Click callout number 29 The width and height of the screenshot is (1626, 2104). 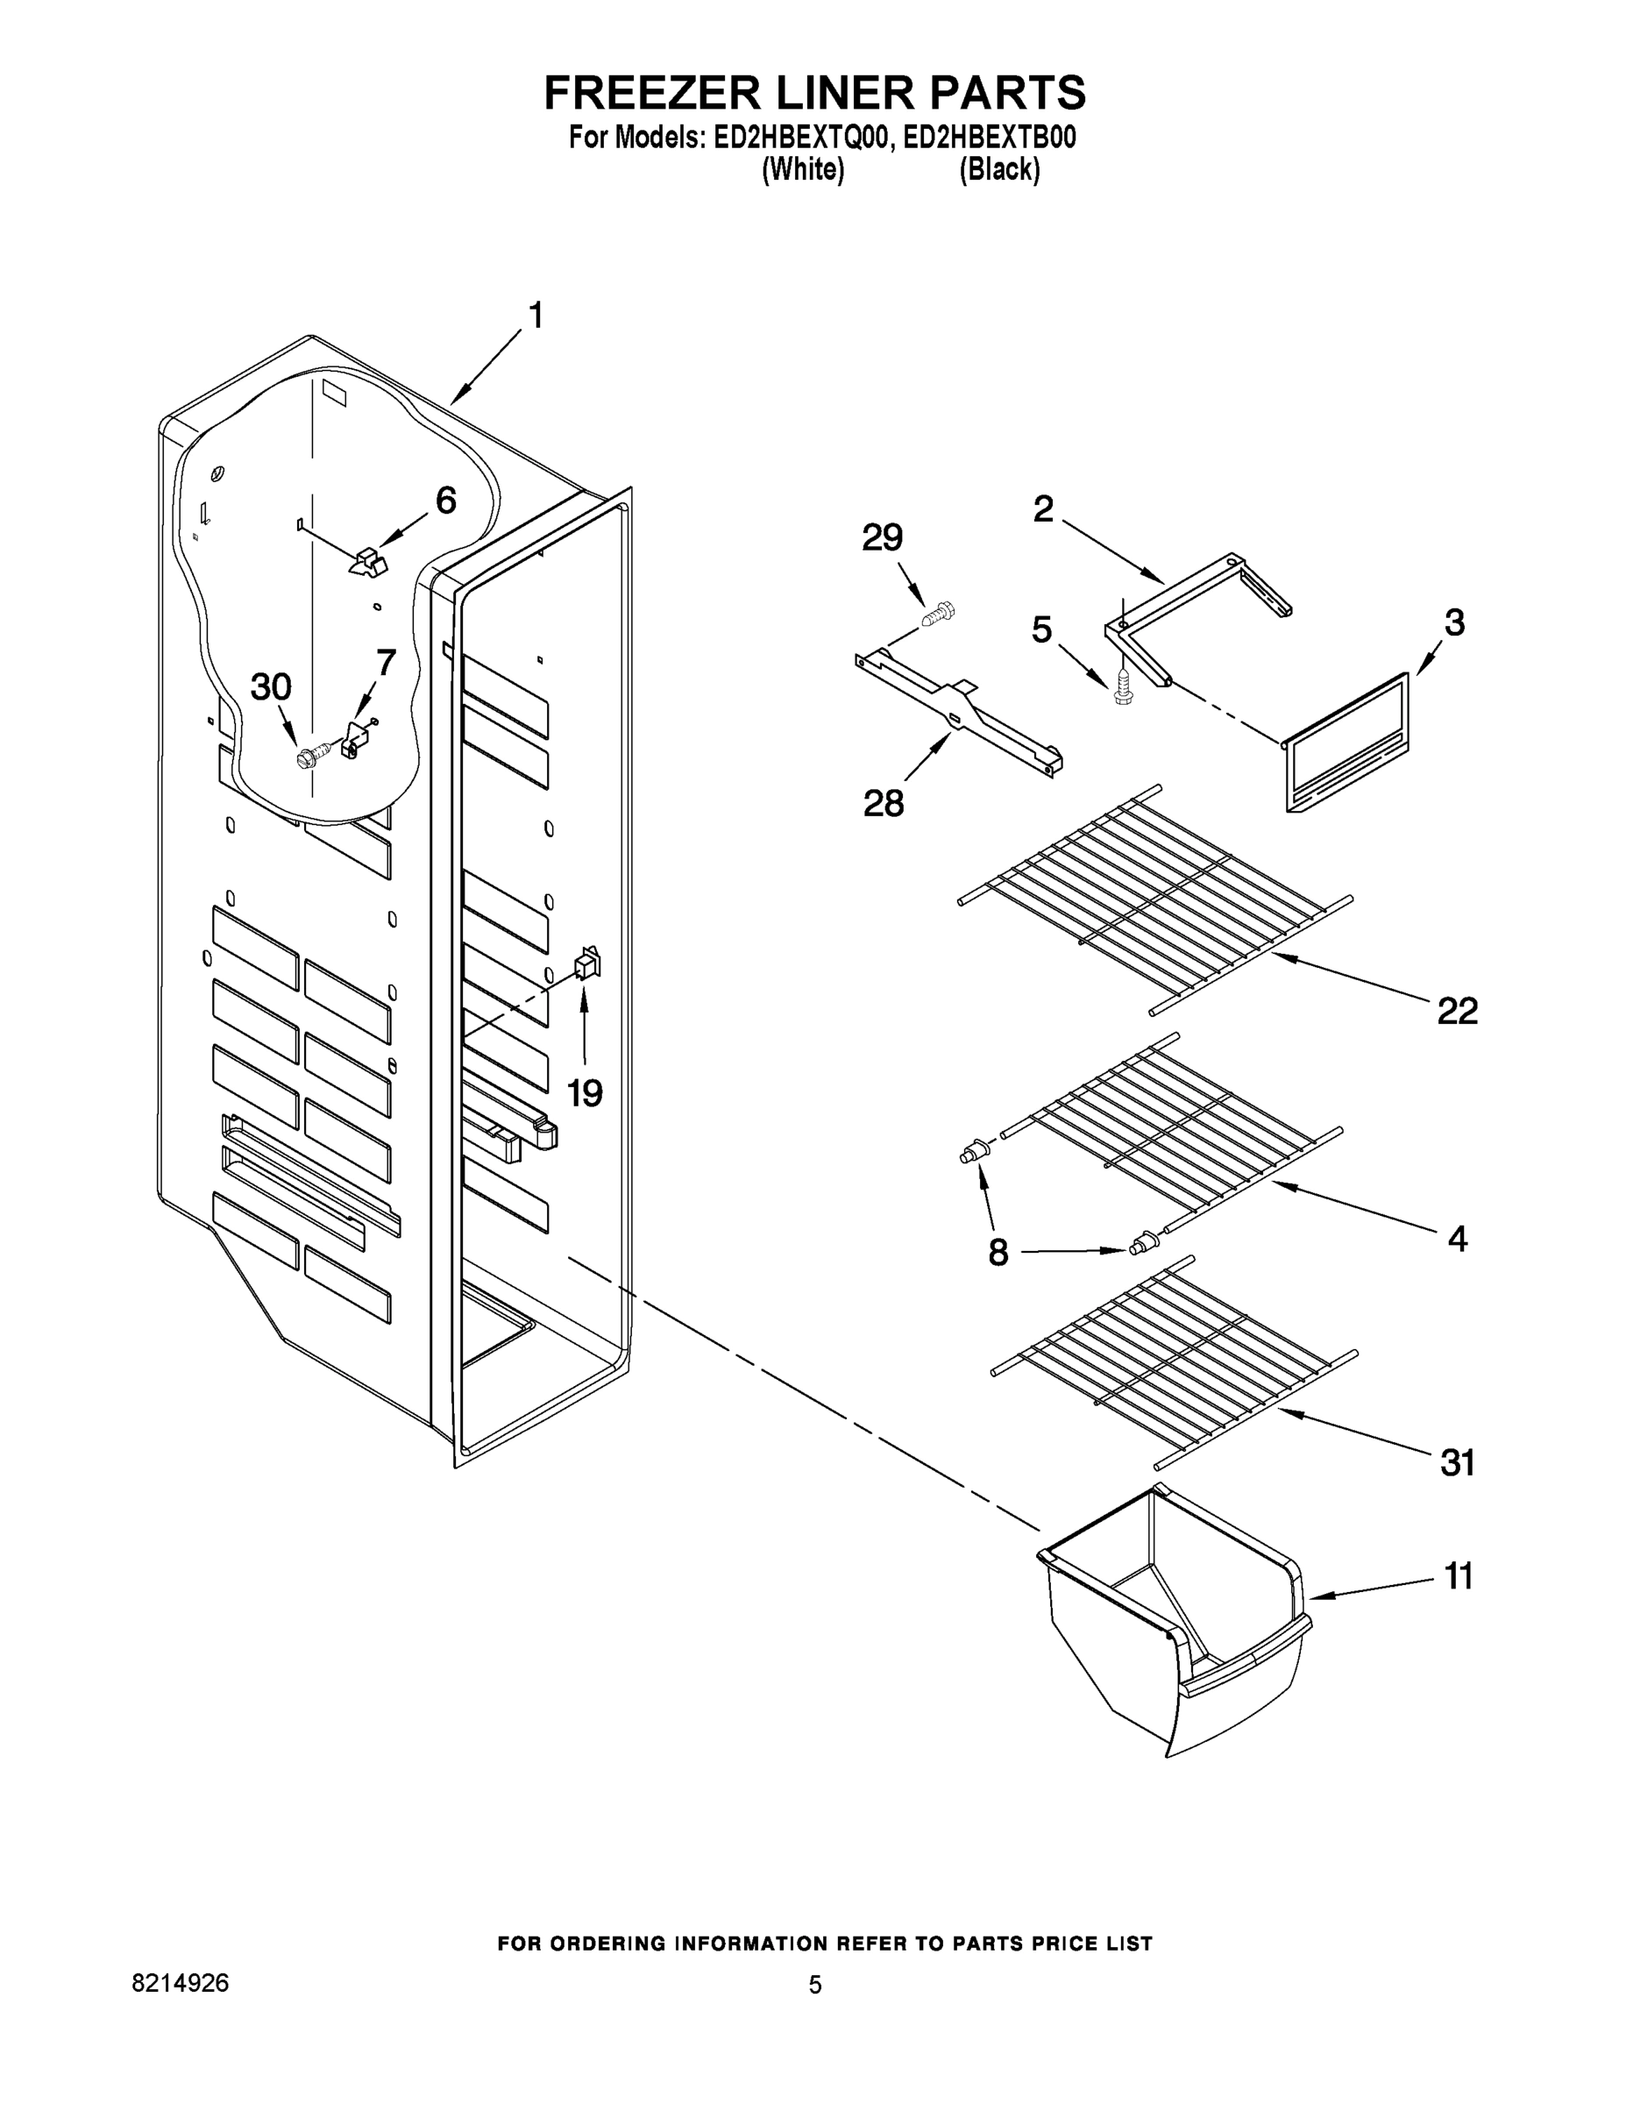pyautogui.click(x=882, y=537)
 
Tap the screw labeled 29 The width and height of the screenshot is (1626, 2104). pyautogui.click(x=936, y=614)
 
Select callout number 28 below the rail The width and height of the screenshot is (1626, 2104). pyautogui.click(x=884, y=802)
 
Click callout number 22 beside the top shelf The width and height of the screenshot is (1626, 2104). pyautogui.click(x=1457, y=1011)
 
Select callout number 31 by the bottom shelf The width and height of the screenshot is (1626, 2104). pyautogui.click(x=1457, y=1463)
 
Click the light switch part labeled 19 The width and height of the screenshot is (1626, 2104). pyautogui.click(x=586, y=963)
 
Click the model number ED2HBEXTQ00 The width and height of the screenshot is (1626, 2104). pyautogui.click(x=798, y=139)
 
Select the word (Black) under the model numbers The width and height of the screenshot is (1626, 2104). pyautogui.click(x=999, y=171)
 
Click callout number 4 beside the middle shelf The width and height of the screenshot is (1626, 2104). pyautogui.click(x=1458, y=1239)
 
